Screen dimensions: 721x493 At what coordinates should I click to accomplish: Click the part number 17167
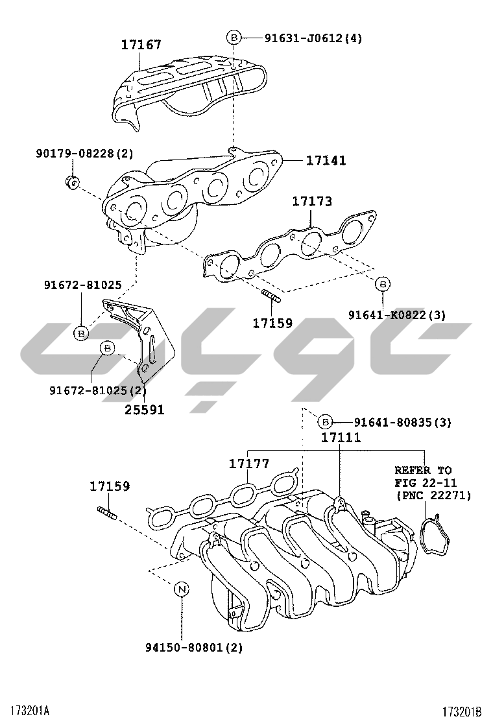pyautogui.click(x=141, y=45)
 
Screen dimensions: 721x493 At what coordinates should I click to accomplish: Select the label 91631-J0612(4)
pyautogui.click(x=313, y=38)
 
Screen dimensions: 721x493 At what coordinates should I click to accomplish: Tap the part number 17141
pyautogui.click(x=326, y=160)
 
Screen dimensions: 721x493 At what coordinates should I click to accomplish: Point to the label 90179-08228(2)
pyautogui.click(x=84, y=154)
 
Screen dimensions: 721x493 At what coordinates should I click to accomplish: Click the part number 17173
pyautogui.click(x=311, y=202)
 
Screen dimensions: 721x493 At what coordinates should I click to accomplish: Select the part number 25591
pyautogui.click(x=145, y=410)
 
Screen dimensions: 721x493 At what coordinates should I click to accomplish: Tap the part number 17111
pyautogui.click(x=341, y=438)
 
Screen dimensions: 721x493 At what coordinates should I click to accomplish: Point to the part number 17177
pyautogui.click(x=248, y=464)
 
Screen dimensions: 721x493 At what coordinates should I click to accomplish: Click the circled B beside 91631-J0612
pyautogui.click(x=234, y=38)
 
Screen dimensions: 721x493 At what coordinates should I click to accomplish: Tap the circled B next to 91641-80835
pyautogui.click(x=326, y=422)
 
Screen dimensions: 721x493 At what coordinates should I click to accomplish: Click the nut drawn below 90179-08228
pyautogui.click(x=73, y=182)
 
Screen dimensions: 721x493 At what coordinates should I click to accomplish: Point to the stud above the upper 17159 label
pyautogui.click(x=271, y=298)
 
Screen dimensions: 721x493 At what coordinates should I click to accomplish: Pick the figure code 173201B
pyautogui.click(x=463, y=711)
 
